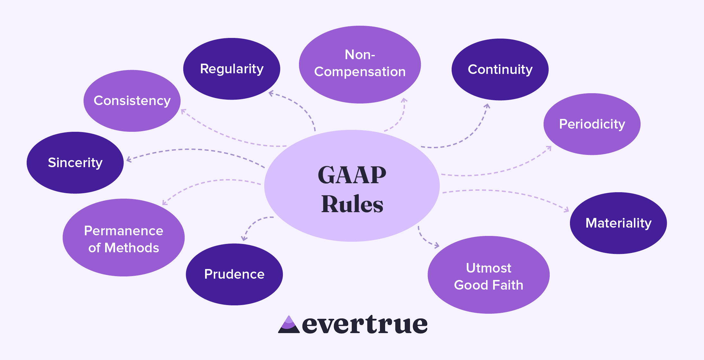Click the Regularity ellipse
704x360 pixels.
click(x=231, y=69)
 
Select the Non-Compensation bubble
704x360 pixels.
click(x=360, y=64)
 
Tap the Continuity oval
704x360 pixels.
click(x=500, y=69)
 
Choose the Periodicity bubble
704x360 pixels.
click(x=592, y=124)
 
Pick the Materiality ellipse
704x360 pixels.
click(x=618, y=223)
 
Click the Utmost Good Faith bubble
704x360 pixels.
click(x=488, y=275)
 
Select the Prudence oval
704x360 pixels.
click(x=234, y=274)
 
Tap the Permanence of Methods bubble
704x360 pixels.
click(x=123, y=238)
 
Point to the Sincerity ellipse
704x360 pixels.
click(x=75, y=163)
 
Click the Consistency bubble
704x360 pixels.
click(x=132, y=101)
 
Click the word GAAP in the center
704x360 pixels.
click(x=352, y=175)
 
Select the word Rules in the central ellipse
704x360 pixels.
click(x=352, y=204)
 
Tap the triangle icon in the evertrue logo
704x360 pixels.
click(x=289, y=325)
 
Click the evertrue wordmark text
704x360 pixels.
click(x=365, y=325)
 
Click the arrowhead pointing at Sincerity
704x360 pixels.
click(x=129, y=159)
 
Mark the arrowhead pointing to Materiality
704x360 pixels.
click(x=566, y=210)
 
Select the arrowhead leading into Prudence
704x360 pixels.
click(x=244, y=238)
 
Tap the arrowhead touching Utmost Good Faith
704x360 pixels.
click(x=437, y=246)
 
